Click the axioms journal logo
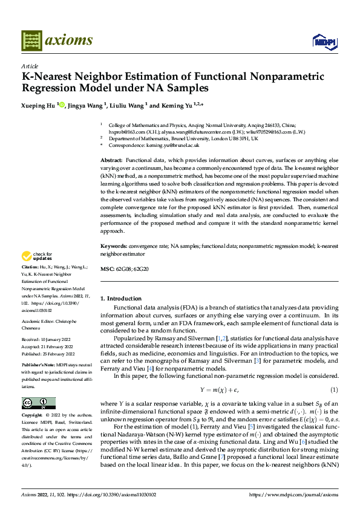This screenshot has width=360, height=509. [57, 41]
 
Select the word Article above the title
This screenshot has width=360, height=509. [30, 66]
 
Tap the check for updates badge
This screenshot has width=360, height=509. [38, 256]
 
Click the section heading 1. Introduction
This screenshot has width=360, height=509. [120, 299]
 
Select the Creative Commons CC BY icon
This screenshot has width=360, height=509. [38, 403]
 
